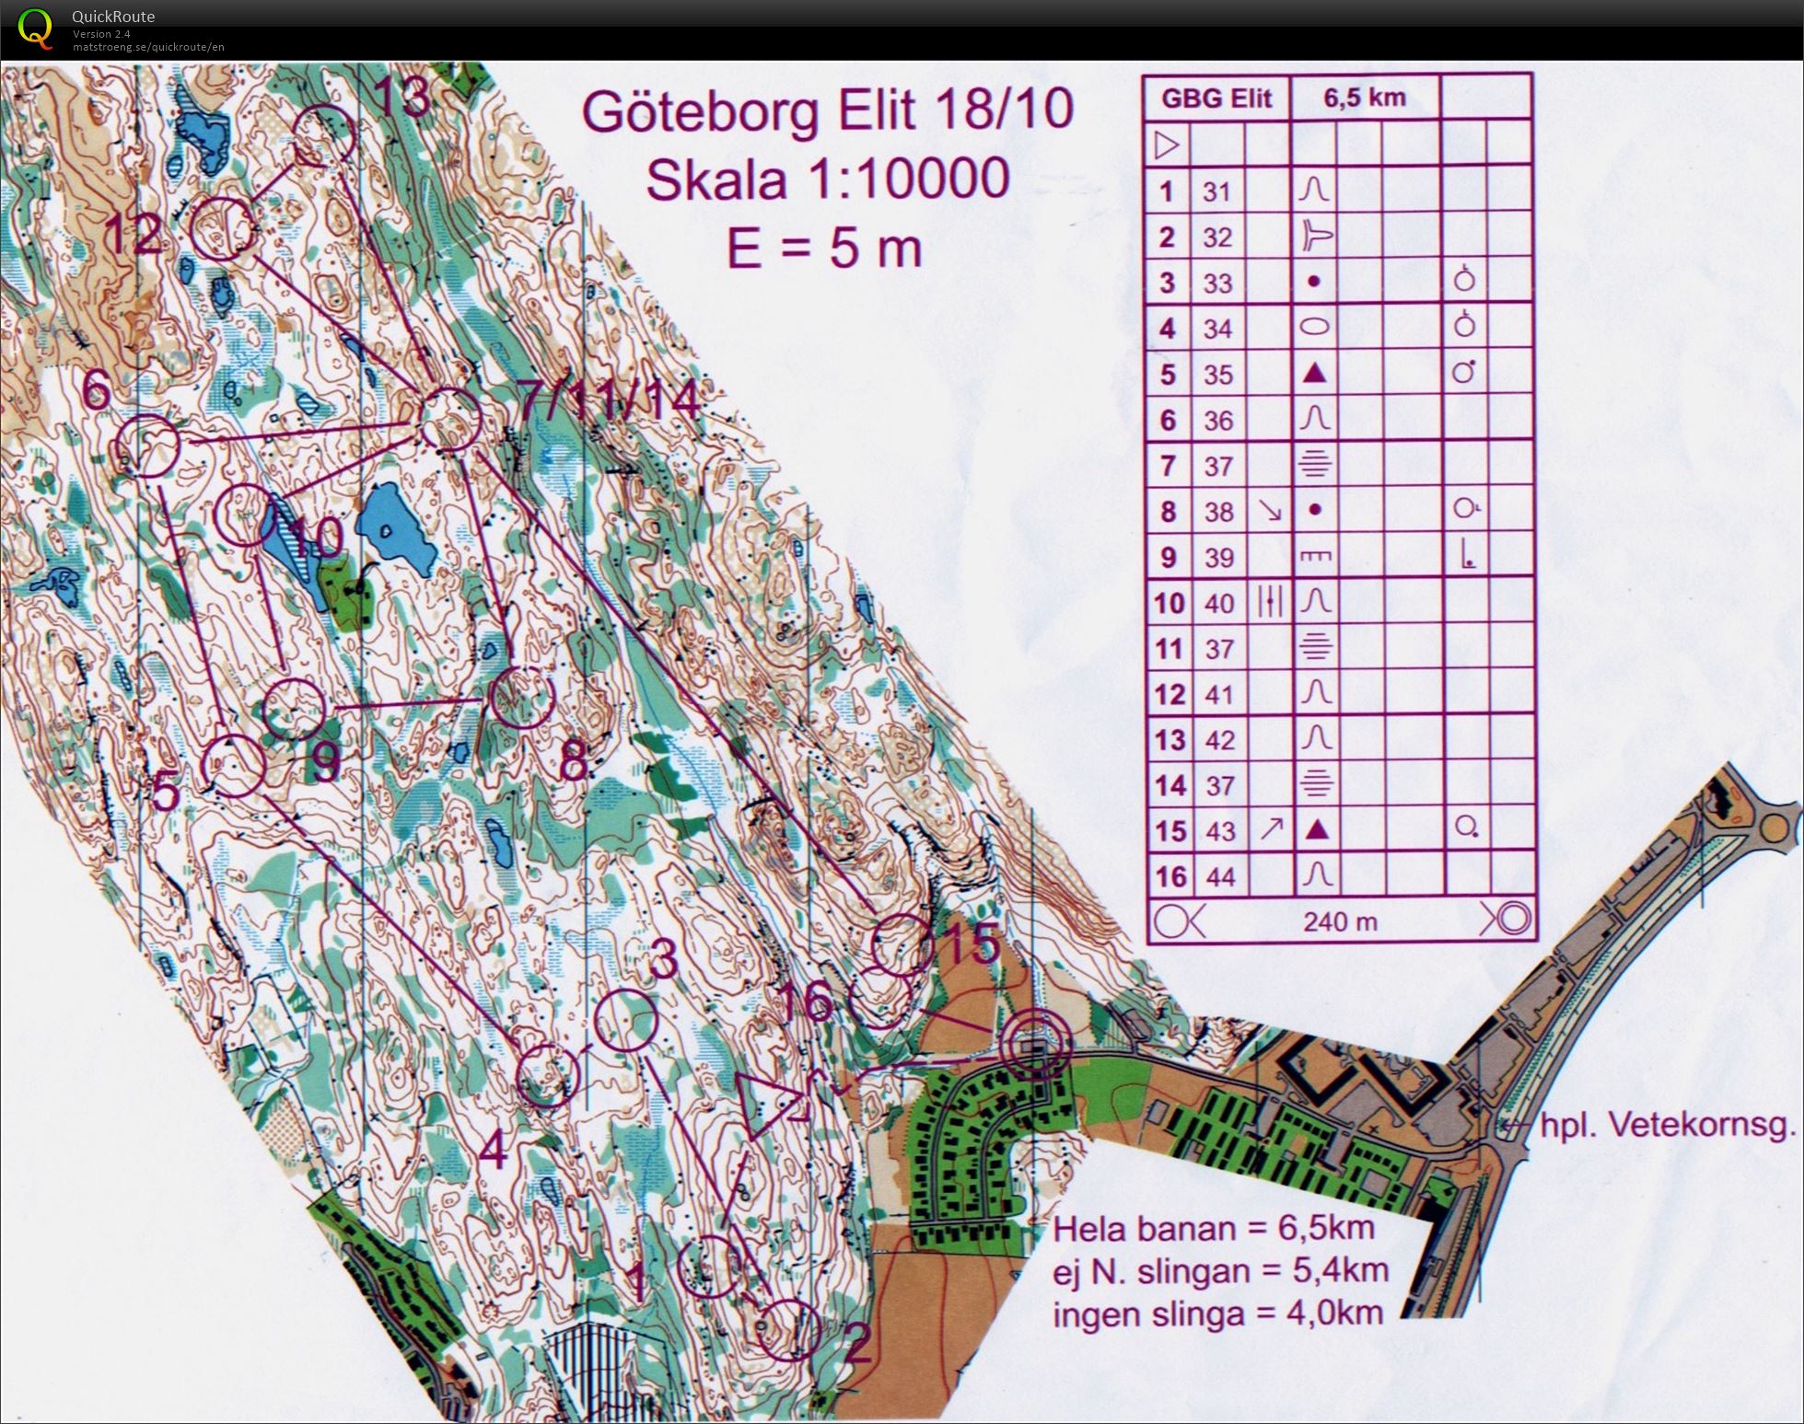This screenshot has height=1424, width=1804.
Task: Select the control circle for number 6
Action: coord(146,446)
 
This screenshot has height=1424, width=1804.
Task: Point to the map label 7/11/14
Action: coord(608,402)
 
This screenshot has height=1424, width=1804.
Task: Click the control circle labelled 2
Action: coord(790,1329)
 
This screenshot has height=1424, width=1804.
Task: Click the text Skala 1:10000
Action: coord(826,179)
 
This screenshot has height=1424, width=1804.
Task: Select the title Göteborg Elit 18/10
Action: coord(826,110)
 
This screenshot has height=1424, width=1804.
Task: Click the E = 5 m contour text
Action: coord(823,249)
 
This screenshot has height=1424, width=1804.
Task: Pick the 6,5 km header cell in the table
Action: coord(1364,98)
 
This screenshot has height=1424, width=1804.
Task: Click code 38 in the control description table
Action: coord(1218,512)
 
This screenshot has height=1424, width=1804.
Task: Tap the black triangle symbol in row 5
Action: coord(1315,374)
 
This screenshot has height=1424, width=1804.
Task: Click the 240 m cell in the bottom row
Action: coord(1340,920)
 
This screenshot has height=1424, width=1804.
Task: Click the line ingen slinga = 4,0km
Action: coord(1217,1313)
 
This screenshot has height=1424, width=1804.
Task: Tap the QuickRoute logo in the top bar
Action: coord(35,28)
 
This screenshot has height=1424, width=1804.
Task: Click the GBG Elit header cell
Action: coord(1216,98)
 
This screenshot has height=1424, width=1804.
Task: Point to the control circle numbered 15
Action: coord(901,944)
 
